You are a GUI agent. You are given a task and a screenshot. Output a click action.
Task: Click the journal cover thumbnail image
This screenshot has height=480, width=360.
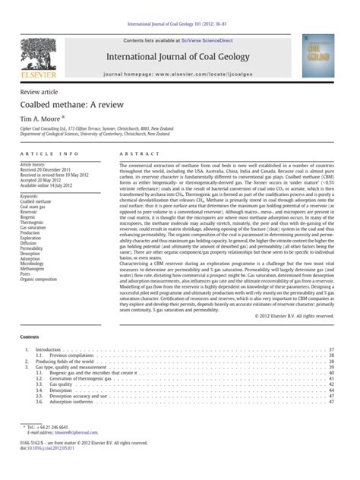[x=317, y=55]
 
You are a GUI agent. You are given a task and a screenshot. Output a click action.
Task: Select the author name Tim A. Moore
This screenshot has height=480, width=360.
[x=42, y=119]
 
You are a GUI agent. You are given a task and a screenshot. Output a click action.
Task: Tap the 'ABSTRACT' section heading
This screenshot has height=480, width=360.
[x=134, y=154]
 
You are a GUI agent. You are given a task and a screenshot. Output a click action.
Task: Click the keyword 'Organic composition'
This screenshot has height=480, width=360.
[x=41, y=278]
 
